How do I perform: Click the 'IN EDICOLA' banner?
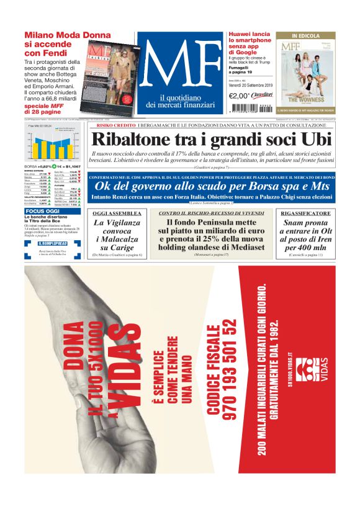coord(306,36)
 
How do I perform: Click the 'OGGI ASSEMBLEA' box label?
coord(117,213)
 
